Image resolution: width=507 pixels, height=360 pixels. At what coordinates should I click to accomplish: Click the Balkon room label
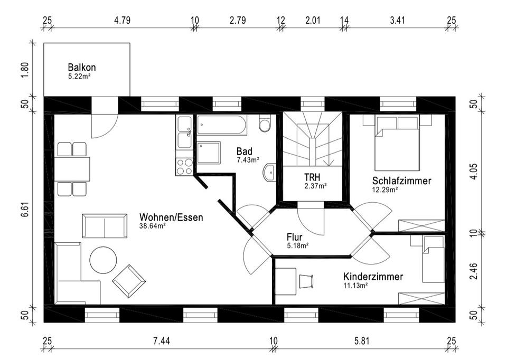pyautogui.click(x=81, y=68)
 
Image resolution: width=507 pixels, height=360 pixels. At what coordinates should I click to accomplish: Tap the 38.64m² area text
pyautogui.click(x=153, y=226)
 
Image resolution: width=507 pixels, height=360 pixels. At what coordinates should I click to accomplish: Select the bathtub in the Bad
pyautogui.click(x=221, y=126)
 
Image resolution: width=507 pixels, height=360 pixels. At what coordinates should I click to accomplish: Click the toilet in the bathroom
pyautogui.click(x=265, y=124)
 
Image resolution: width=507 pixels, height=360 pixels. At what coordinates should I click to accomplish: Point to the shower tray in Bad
pyautogui.click(x=211, y=154)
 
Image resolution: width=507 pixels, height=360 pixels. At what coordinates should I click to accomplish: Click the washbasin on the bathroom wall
pyautogui.click(x=269, y=172)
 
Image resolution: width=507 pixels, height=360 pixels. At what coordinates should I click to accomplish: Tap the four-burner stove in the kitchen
pyautogui.click(x=184, y=167)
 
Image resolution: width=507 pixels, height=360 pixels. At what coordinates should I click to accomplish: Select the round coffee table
pyautogui.click(x=103, y=260)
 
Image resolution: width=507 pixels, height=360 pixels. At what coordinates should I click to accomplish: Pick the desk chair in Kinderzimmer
pyautogui.click(x=306, y=281)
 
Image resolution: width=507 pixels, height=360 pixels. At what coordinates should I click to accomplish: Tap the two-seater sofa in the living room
pyautogui.click(x=105, y=225)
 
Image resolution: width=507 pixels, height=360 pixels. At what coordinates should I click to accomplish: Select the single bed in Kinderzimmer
pyautogui.click(x=433, y=259)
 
